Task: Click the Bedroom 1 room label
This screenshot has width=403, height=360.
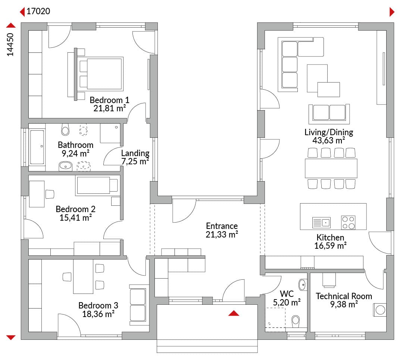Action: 109,100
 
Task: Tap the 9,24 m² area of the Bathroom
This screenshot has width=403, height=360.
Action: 75,153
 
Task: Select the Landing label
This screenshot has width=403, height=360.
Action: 135,153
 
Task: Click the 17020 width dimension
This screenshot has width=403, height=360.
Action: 38,11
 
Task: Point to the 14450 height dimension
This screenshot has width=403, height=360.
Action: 10,44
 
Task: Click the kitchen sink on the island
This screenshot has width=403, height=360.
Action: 321,223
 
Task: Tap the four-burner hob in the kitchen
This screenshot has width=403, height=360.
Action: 348,223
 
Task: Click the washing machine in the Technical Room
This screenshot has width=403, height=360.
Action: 380,310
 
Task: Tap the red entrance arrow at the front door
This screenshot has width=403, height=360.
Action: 234,313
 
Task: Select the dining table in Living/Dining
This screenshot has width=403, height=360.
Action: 331,168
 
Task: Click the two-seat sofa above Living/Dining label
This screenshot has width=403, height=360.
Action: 329,114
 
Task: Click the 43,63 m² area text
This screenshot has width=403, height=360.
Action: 329,141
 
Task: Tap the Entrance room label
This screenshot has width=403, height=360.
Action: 222,226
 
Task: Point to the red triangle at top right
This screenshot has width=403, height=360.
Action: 392,12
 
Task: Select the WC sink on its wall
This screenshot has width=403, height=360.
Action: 303,285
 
